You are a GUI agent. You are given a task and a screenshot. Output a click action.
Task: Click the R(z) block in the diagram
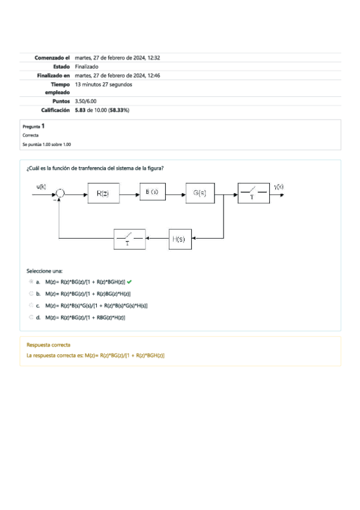click(103, 194)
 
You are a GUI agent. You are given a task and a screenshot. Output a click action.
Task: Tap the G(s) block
click(200, 193)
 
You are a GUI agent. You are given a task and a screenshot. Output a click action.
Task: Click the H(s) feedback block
click(178, 239)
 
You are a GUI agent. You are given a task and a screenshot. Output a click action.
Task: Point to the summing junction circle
click(60, 193)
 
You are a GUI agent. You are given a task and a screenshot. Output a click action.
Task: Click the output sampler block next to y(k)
click(252, 193)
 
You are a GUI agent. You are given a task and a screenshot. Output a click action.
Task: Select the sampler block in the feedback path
click(130, 239)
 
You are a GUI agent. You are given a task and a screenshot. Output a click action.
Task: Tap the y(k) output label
click(279, 186)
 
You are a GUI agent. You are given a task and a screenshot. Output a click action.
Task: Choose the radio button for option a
click(31, 281)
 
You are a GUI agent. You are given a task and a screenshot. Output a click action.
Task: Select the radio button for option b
click(31, 293)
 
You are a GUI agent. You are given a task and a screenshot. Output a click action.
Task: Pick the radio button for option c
click(31, 306)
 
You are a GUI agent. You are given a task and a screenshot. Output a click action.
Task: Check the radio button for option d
click(31, 318)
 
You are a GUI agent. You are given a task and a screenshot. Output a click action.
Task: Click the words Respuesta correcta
click(48, 345)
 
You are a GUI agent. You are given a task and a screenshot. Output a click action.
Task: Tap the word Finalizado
click(87, 67)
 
